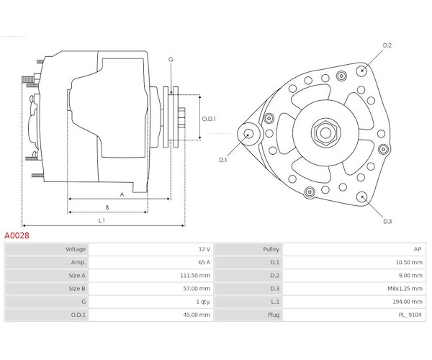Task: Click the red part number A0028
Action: click(17, 235)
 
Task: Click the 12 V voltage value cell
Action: click(204, 249)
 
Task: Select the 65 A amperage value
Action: click(204, 262)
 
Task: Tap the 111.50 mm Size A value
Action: click(195, 276)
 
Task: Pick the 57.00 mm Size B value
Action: click(197, 289)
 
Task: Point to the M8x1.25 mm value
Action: click(405, 289)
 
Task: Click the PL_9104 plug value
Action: click(410, 315)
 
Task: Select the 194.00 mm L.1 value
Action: click(408, 302)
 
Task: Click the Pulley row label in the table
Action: click(271, 249)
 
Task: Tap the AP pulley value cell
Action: click(418, 249)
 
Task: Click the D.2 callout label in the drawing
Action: click(387, 45)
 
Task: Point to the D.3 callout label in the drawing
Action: click(387, 221)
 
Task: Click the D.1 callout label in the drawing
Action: click(222, 160)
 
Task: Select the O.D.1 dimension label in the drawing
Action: click(209, 119)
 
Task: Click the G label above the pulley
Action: click(171, 60)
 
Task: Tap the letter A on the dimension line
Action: click(122, 194)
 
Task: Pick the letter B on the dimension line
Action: click(107, 207)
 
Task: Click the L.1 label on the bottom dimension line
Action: click(102, 220)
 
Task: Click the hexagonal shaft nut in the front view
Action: click(325, 133)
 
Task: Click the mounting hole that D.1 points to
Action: click(248, 134)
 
